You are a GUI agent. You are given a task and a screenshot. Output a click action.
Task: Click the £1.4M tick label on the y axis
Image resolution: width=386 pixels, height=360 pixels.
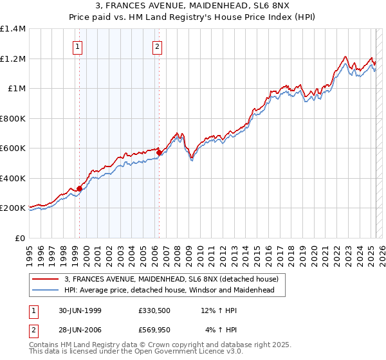pyautogui.click(x=13, y=29)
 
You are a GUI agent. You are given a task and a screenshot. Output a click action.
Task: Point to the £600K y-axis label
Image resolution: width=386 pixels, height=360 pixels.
pyautogui.click(x=13, y=148)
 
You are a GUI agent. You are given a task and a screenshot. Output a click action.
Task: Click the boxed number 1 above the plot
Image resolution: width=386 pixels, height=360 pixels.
pyautogui.click(x=78, y=46)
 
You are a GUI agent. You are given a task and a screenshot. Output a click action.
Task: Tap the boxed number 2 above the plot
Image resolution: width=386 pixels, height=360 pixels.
pyautogui.click(x=157, y=46)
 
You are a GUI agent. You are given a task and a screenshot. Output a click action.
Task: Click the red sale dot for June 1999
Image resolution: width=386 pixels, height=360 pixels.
pyautogui.click(x=80, y=188)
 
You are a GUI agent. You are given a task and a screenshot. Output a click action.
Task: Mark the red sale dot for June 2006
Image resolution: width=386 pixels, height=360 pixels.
pyautogui.click(x=159, y=153)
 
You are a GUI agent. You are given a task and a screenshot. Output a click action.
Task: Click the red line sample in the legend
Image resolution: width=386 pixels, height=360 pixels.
pyautogui.click(x=45, y=279)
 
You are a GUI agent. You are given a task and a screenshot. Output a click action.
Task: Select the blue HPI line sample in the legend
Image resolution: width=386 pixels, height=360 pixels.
pyautogui.click(x=45, y=290)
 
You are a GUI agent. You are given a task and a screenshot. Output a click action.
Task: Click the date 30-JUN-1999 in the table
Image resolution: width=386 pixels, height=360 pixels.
pyautogui.click(x=80, y=311)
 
